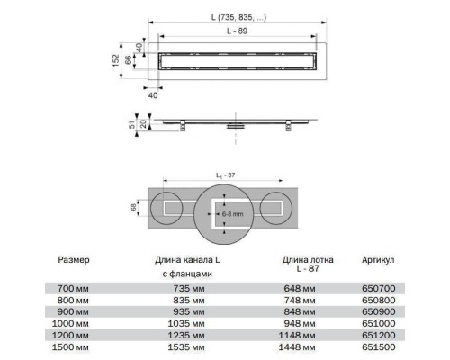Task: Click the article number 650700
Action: (x=379, y=289)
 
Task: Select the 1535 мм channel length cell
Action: (x=186, y=347)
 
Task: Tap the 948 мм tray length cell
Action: (x=300, y=324)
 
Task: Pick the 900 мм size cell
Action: (x=73, y=312)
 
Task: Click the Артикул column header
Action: (x=378, y=260)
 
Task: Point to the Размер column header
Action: (x=74, y=260)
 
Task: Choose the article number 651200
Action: (x=379, y=336)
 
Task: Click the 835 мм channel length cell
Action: (x=189, y=301)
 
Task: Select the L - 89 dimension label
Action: (x=237, y=31)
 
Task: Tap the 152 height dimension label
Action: (x=116, y=60)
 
